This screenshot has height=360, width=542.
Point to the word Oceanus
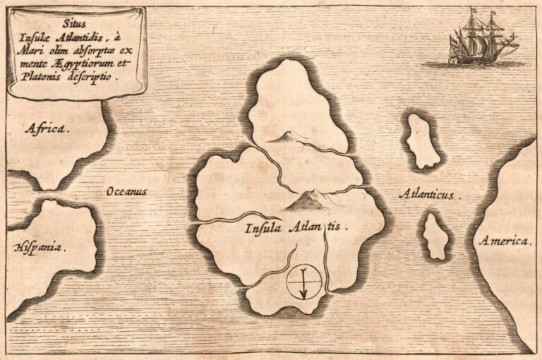pyautogui.click(x=127, y=191)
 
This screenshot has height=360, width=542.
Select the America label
pyautogui.click(x=505, y=241)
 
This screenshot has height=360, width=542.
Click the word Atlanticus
pyautogui.click(x=428, y=193)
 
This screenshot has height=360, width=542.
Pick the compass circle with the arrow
pyautogui.click(x=303, y=280)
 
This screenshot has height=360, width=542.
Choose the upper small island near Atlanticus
pyautogui.click(x=422, y=141)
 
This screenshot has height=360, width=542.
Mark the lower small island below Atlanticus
pyautogui.click(x=435, y=236)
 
